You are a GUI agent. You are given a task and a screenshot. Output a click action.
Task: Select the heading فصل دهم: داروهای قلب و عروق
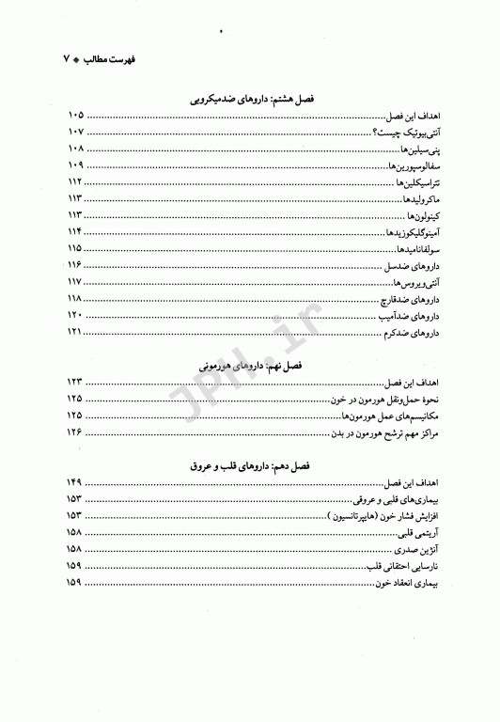point(249,466)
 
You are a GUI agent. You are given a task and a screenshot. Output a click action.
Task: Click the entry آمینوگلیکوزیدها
point(398,232)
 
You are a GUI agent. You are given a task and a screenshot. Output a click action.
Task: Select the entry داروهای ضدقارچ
point(406,300)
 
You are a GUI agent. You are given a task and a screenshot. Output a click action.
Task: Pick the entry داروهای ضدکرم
point(407,334)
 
